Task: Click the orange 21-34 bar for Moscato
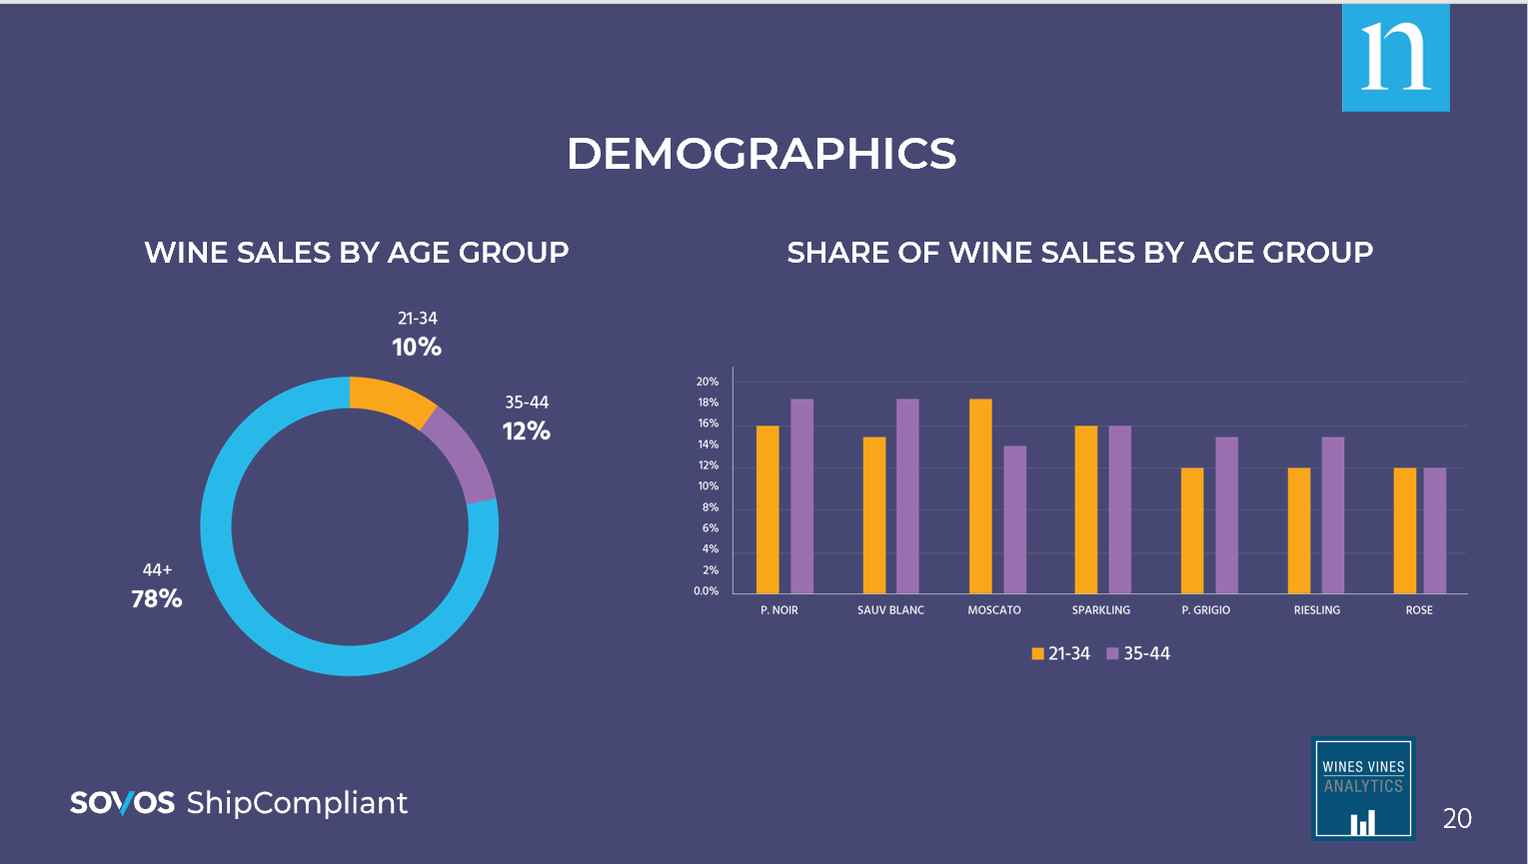[980, 496]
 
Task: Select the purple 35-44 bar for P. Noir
[801, 496]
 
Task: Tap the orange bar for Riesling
[1298, 530]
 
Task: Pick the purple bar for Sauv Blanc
[907, 496]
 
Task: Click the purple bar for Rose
[1434, 530]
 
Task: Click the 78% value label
[157, 598]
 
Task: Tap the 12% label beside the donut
[527, 432]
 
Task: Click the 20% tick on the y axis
[708, 382]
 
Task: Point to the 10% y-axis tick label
[708, 486]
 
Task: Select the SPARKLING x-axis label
[1100, 610]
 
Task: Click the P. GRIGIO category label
[1205, 610]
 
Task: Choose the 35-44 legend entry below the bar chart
[1138, 653]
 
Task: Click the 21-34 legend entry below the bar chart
[1060, 653]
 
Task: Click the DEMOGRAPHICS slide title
[762, 154]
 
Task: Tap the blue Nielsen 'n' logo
[1395, 57]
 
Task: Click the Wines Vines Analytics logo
[1363, 788]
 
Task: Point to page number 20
[1457, 819]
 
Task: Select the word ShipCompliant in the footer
[297, 803]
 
